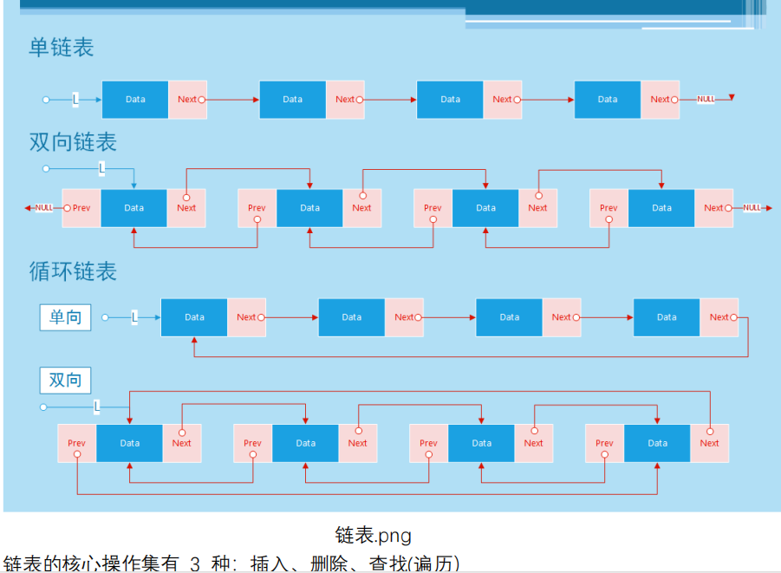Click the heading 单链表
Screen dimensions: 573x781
(x=61, y=47)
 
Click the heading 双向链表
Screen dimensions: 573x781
(x=73, y=141)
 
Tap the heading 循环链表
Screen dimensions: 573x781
(x=73, y=271)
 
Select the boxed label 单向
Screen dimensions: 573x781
(x=65, y=317)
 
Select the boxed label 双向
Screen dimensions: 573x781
(x=65, y=381)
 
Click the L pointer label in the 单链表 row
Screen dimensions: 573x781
(x=75, y=100)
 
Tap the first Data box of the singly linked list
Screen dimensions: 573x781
(x=135, y=100)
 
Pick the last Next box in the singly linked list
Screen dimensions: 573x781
(x=660, y=100)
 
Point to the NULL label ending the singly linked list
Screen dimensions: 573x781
(x=706, y=100)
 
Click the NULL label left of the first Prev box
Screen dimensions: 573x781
(x=44, y=208)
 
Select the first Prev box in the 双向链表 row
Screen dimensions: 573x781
(x=81, y=208)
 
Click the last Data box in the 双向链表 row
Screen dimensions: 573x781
(x=661, y=208)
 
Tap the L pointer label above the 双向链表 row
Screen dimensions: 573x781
(x=101, y=168)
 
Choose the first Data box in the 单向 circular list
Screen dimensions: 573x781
(x=194, y=317)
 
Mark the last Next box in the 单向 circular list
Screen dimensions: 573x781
(x=719, y=317)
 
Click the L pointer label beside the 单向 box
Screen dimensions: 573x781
(x=134, y=317)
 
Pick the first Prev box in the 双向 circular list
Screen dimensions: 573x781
(x=77, y=443)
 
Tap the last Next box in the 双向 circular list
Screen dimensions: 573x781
(x=709, y=443)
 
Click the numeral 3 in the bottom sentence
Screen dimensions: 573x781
(x=194, y=564)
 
